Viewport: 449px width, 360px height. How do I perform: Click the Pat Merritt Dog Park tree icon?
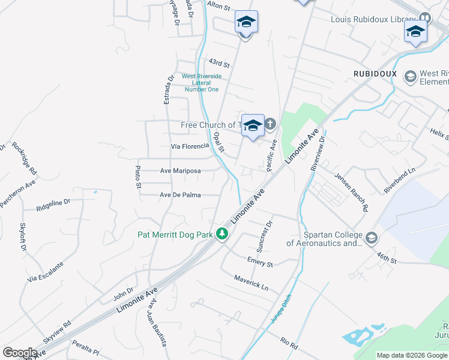(x=222, y=234)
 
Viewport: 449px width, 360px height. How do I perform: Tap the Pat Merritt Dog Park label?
(x=175, y=235)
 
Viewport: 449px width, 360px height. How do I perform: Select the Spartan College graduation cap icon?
(x=371, y=238)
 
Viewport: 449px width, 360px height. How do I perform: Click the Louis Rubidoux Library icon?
(x=426, y=19)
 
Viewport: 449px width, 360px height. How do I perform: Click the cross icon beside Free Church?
(x=270, y=124)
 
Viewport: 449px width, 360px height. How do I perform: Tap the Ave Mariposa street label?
(x=180, y=171)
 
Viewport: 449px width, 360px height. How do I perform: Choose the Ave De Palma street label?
(x=180, y=195)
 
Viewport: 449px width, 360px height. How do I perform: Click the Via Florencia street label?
(x=189, y=146)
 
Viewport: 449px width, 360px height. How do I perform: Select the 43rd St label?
(x=219, y=63)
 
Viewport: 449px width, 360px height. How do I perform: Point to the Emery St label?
(x=260, y=262)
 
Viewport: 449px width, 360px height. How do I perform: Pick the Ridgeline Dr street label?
(x=53, y=203)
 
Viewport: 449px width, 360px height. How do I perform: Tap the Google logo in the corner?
(x=20, y=353)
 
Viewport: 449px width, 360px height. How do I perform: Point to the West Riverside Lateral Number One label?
(x=202, y=83)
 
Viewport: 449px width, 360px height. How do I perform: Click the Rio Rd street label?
(x=289, y=343)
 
